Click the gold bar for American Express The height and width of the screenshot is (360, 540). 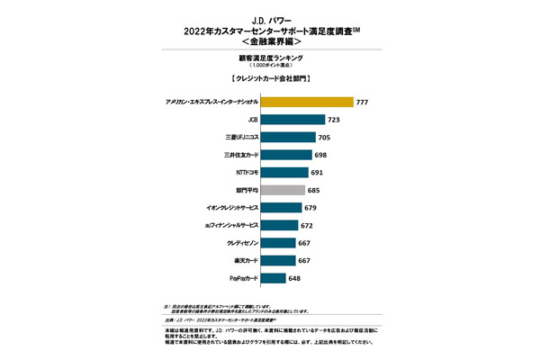(298, 102)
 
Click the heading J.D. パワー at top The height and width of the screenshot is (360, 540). (270, 15)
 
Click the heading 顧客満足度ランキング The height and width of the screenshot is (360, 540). (270, 57)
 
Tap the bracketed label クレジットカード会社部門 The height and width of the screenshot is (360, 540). (270, 79)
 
